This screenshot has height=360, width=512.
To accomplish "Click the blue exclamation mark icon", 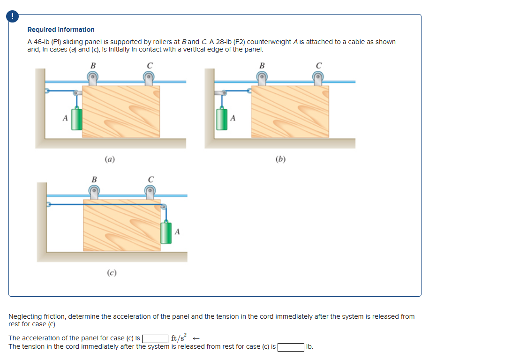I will pyautogui.click(x=13, y=16).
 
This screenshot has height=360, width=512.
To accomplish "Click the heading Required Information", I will pyautogui.click(x=61, y=30).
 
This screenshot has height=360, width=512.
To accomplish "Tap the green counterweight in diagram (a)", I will pyautogui.click(x=77, y=120).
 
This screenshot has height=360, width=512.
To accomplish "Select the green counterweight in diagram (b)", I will pyautogui.click(x=221, y=119).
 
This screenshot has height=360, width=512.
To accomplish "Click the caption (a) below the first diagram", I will pyautogui.click(x=110, y=159).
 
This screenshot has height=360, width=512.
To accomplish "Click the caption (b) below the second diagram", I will pyautogui.click(x=280, y=159).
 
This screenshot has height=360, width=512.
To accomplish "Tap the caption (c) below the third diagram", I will pyautogui.click(x=112, y=272).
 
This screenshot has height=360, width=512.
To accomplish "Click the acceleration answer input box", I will pyautogui.click(x=155, y=338).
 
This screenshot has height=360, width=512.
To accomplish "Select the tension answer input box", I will pyautogui.click(x=290, y=347).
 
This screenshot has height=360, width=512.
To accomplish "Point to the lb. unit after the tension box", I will pyautogui.click(x=309, y=347).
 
